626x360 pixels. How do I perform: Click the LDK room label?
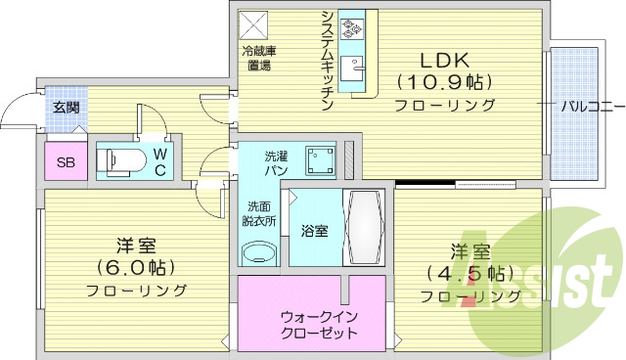444,56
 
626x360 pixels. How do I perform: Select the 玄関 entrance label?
66,108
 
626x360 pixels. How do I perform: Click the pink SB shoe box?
67,162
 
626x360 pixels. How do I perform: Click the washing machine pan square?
318,159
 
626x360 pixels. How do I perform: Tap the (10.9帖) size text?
444,80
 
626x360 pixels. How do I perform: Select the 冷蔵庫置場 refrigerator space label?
258,58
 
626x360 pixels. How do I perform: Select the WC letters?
160,161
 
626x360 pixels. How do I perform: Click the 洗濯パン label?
276,162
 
